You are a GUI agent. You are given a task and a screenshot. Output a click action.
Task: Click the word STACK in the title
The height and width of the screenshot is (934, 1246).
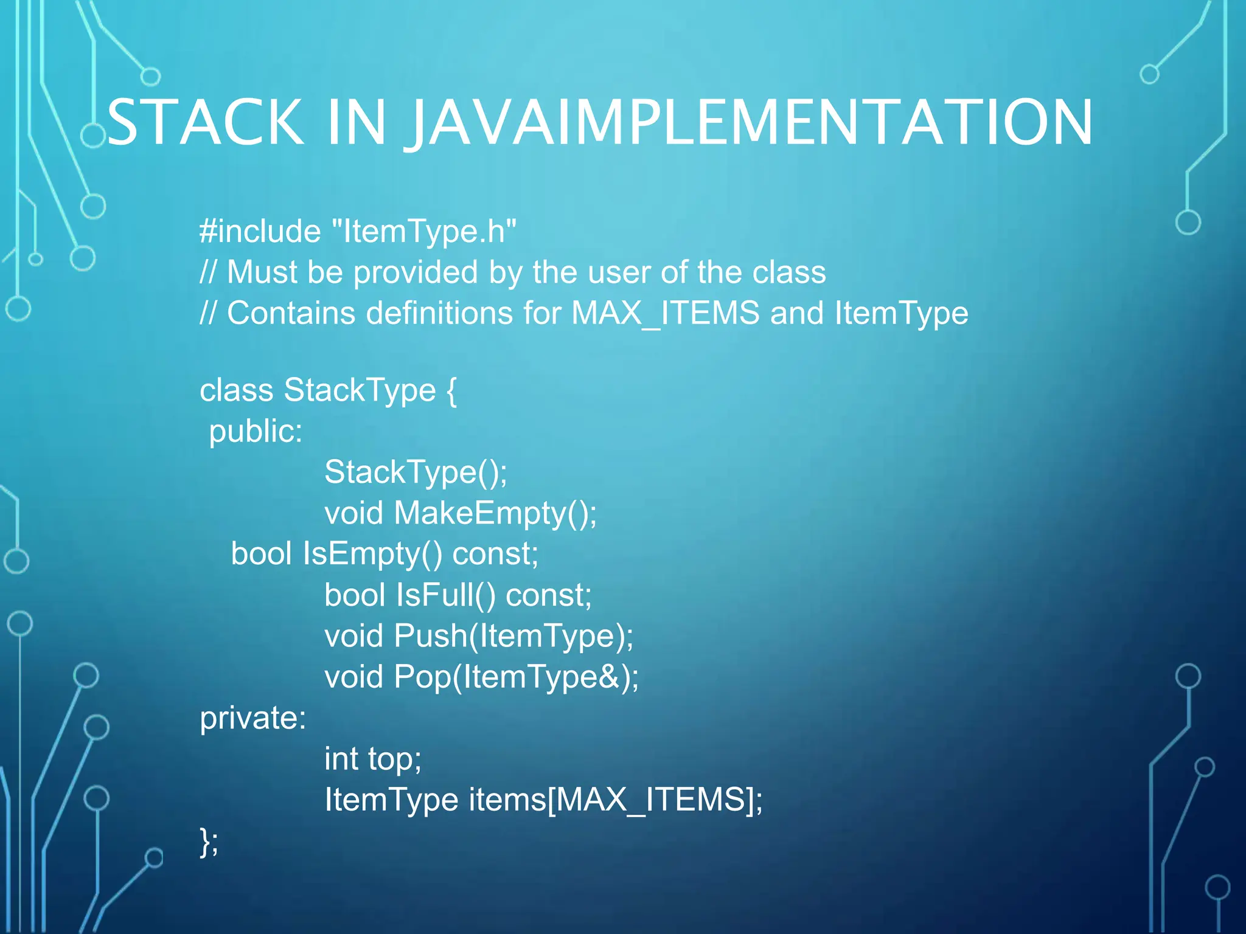(205, 123)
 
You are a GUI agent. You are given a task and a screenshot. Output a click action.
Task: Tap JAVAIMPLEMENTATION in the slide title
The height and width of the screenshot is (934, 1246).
(750, 123)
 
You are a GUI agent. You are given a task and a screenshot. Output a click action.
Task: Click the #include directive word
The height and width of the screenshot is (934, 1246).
(260, 232)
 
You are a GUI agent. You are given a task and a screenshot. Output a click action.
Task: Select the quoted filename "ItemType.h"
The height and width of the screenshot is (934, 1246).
(424, 232)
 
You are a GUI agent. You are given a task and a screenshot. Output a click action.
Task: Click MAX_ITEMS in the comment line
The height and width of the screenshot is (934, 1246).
(666, 313)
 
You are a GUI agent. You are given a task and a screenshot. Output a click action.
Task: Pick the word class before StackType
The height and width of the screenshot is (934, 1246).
(236, 390)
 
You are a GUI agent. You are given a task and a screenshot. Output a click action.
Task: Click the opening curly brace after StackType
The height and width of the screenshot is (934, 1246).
(451, 390)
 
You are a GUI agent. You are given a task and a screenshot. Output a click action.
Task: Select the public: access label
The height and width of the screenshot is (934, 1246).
(256, 431)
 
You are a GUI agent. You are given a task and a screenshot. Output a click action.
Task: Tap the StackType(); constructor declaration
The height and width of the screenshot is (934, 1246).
(416, 472)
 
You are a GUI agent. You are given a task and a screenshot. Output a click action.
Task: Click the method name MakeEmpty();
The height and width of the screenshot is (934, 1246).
(495, 513)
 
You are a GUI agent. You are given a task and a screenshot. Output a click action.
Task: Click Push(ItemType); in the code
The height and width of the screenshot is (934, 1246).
(513, 636)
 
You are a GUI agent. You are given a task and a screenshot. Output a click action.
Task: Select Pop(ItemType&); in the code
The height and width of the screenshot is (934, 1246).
(516, 677)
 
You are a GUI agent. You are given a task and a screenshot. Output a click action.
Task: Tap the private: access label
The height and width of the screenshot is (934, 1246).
(253, 718)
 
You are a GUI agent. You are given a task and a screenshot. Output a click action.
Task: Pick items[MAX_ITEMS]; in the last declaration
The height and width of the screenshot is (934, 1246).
(615, 800)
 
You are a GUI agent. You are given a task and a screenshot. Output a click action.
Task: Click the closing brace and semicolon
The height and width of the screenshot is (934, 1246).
(209, 842)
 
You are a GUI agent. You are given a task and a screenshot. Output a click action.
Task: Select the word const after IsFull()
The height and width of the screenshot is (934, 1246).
(548, 595)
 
